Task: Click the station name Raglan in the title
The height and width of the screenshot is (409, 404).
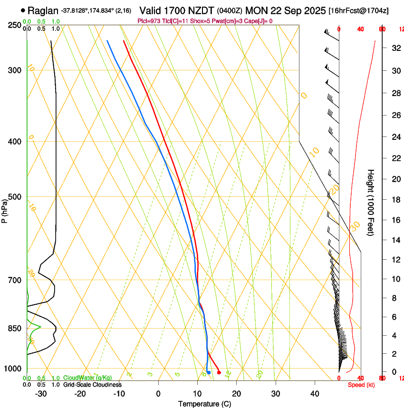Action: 43,10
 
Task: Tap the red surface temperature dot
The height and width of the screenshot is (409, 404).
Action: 219,372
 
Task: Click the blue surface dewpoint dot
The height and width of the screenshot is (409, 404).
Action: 209,372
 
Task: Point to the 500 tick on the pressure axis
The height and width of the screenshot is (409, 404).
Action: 15,197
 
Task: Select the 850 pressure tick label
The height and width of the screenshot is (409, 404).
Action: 15,329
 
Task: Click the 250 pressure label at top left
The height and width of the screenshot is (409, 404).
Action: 15,25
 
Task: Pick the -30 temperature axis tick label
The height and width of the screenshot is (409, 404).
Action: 41,394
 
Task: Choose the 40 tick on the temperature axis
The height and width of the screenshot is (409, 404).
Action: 315,394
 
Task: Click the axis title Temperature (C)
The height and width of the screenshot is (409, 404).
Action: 204,404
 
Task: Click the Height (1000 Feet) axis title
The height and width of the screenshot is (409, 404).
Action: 371,202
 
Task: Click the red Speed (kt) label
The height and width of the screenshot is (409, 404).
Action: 361,385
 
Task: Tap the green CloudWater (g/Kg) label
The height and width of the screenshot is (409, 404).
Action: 87,378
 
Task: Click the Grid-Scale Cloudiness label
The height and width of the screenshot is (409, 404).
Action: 92,385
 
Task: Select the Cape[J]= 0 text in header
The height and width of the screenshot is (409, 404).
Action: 259,21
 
